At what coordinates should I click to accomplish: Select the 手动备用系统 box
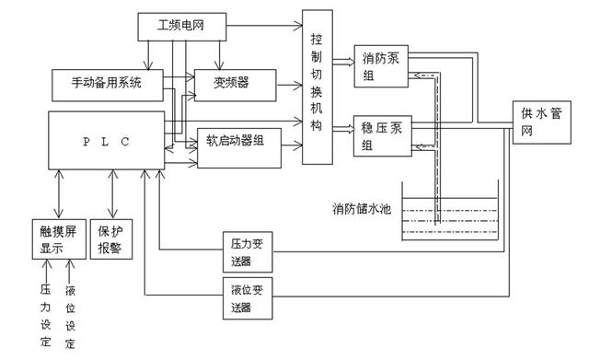click(x=108, y=84)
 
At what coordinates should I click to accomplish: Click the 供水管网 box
click(x=538, y=122)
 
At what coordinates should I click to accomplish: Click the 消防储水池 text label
click(x=361, y=209)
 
